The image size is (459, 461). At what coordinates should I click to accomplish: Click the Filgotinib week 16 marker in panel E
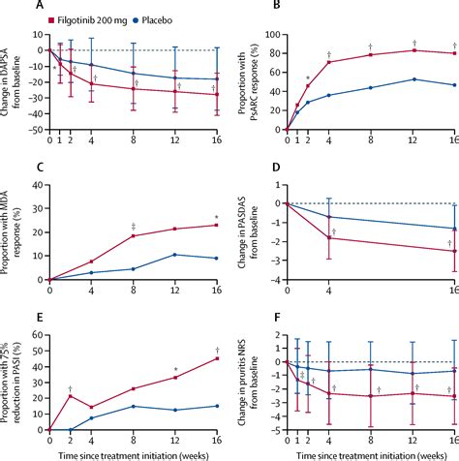pyautogui.click(x=216, y=359)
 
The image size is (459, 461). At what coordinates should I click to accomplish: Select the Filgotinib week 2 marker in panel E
pyautogui.click(x=71, y=396)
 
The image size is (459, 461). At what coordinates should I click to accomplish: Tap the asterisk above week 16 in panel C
pyautogui.click(x=216, y=216)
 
